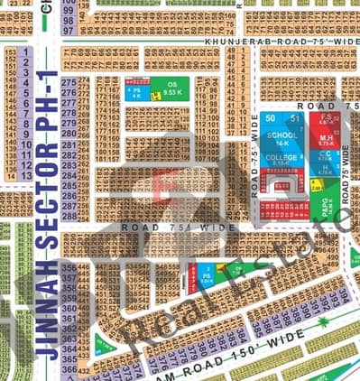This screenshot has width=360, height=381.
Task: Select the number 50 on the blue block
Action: pyautogui.click(x=270, y=118)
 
